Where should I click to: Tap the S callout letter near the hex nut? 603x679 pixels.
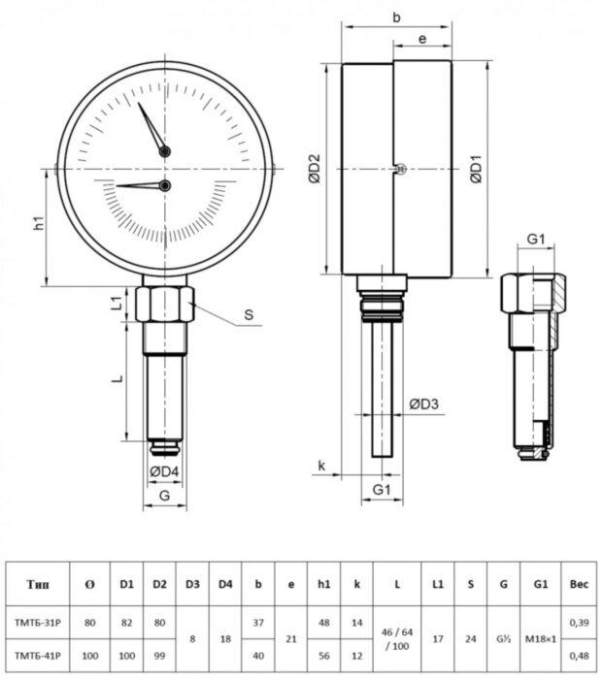pyautogui.click(x=249, y=314)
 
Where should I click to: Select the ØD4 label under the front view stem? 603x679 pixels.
pyautogui.click(x=164, y=472)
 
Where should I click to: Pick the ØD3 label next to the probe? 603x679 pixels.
pyautogui.click(x=423, y=404)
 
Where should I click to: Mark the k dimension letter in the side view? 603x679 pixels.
pyautogui.click(x=322, y=467)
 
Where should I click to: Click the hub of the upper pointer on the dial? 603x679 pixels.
pyautogui.click(x=165, y=151)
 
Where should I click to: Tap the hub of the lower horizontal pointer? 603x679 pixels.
pyautogui.click(x=165, y=185)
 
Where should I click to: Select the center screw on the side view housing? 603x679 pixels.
pyautogui.click(x=398, y=169)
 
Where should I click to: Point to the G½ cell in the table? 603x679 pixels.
pyautogui.click(x=501, y=638)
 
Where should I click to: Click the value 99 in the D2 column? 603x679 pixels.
pyautogui.click(x=160, y=656)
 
